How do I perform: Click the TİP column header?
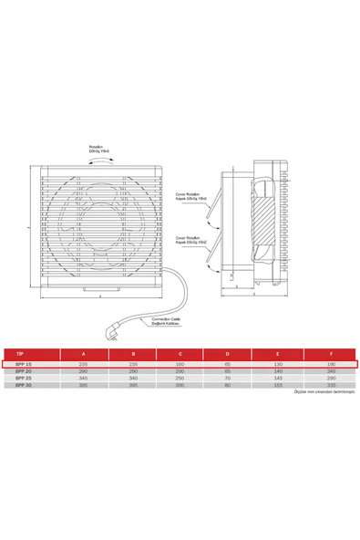[20, 353]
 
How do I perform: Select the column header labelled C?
[180, 353]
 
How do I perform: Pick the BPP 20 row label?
[24, 371]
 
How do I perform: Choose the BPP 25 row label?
[24, 379]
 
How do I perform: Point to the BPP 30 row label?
[24, 385]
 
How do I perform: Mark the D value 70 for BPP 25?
[228, 379]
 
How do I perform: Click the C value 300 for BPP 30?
[180, 385]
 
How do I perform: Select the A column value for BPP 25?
[84, 379]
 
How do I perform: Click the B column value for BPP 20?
[133, 371]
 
